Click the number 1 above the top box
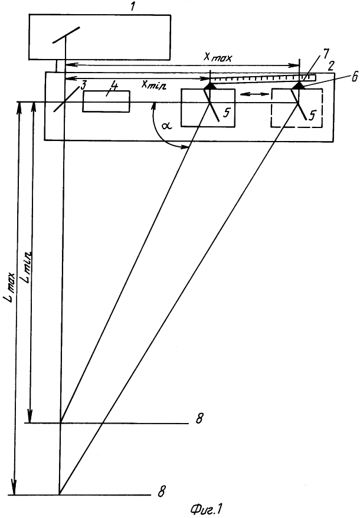pyautogui.click(x=133, y=6)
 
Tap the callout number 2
pyautogui.click(x=329, y=65)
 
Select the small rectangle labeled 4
pyautogui.click(x=106, y=101)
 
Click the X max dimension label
pyautogui.click(x=218, y=57)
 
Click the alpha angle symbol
pyautogui.click(x=166, y=126)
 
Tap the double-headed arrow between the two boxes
pyautogui.click(x=254, y=94)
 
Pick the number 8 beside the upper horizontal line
pyautogui.click(x=199, y=418)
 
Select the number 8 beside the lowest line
pyautogui.click(x=161, y=491)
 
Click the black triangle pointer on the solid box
pyautogui.click(x=210, y=86)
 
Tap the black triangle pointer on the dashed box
pyautogui.click(x=299, y=86)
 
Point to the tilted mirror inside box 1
pyautogui.click(x=66, y=35)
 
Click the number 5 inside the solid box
pyautogui.click(x=225, y=113)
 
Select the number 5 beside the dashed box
pyautogui.click(x=312, y=114)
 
